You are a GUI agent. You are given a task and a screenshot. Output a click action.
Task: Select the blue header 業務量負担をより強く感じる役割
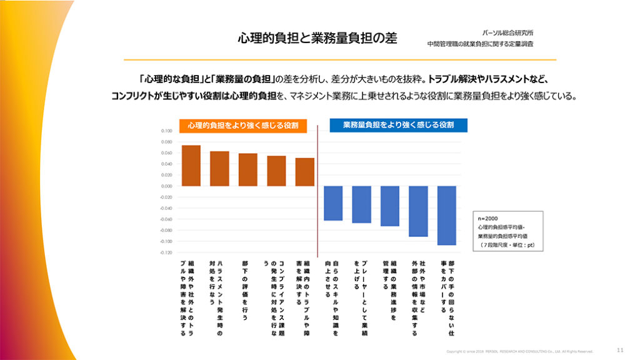click(398, 126)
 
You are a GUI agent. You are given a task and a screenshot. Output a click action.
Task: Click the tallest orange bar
click(191, 166)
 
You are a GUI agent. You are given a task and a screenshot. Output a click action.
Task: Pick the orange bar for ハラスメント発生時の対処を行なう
click(219, 169)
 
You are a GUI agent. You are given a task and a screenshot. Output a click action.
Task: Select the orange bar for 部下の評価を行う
click(248, 169)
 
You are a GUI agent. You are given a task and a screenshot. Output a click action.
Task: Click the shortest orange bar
click(305, 172)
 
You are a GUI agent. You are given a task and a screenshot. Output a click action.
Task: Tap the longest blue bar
click(447, 215)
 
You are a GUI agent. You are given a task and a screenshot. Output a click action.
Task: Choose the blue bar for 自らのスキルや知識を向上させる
click(334, 203)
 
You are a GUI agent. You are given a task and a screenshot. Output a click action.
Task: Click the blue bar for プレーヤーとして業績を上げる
click(362, 204)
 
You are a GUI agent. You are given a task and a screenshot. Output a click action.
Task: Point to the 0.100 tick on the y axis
click(166, 131)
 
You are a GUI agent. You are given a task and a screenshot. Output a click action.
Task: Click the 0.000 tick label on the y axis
click(166, 186)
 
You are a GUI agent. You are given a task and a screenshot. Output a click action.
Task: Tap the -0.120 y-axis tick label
click(166, 252)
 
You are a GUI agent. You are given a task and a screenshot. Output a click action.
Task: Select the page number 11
click(619, 349)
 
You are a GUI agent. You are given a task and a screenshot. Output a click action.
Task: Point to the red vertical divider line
click(319, 187)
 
